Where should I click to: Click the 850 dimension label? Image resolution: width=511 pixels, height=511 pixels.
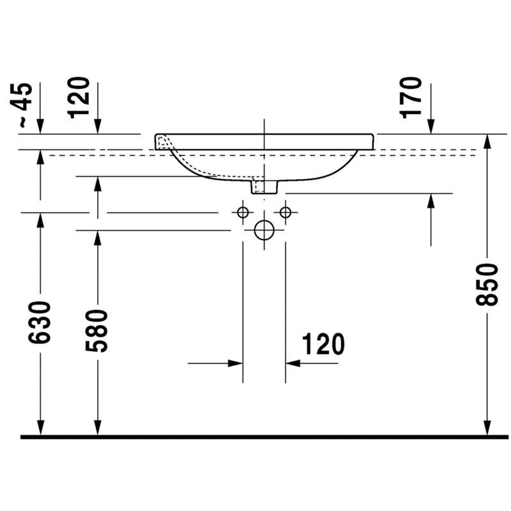tap(487, 285)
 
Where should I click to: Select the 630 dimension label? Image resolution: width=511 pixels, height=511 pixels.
tap(40, 323)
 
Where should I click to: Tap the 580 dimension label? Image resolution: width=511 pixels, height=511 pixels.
tap(96, 331)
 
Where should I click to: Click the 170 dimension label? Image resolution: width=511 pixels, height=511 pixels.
tap(410, 98)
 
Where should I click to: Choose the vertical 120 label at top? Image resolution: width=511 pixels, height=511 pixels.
tap(78, 98)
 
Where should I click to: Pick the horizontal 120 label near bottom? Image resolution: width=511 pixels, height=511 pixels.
tap(323, 344)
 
